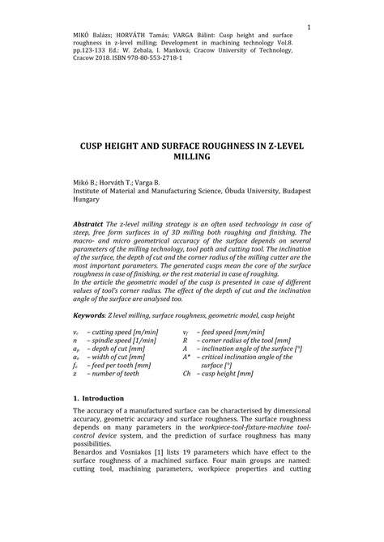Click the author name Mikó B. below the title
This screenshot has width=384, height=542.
[x=88, y=183]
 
